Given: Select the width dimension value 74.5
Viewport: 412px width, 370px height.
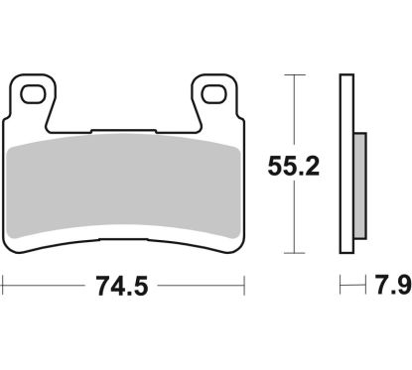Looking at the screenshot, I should click(x=124, y=288).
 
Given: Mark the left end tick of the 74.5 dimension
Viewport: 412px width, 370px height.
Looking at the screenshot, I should click(x=2, y=288).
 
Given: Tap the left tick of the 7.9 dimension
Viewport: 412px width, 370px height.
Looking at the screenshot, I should click(x=342, y=288).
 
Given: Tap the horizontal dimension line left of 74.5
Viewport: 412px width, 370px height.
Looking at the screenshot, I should click(x=40, y=288).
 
